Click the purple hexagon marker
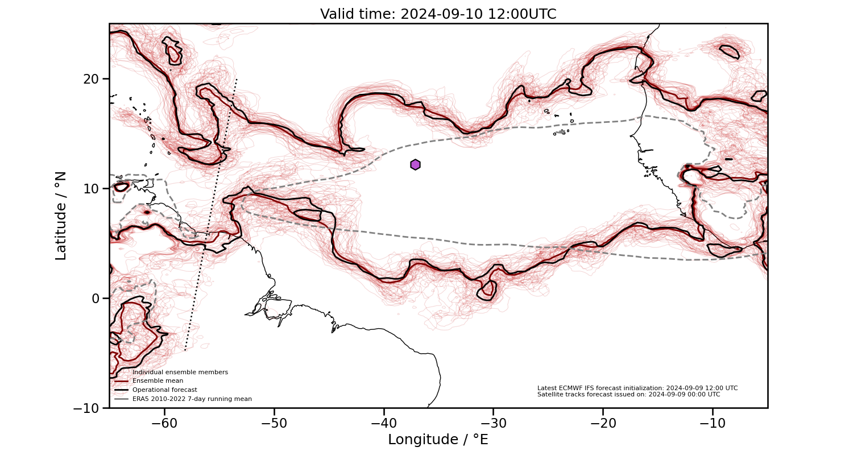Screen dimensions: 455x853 coord(415,164)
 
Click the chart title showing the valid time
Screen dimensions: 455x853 coord(438,14)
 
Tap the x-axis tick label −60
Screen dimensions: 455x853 coord(164,423)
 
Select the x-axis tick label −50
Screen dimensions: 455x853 coord(274,423)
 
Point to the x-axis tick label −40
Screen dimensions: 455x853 coord(383,423)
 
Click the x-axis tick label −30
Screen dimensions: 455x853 coord(493,423)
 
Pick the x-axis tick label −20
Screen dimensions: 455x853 coord(603,423)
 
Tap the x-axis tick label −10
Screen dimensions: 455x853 coord(712,423)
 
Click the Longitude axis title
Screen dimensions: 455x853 coord(438,440)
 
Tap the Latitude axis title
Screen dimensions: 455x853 coord(61,216)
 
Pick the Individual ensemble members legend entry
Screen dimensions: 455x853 coord(180,372)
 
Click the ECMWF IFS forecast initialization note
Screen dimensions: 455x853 coord(637,388)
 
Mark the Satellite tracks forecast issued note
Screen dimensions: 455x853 coord(628,394)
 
